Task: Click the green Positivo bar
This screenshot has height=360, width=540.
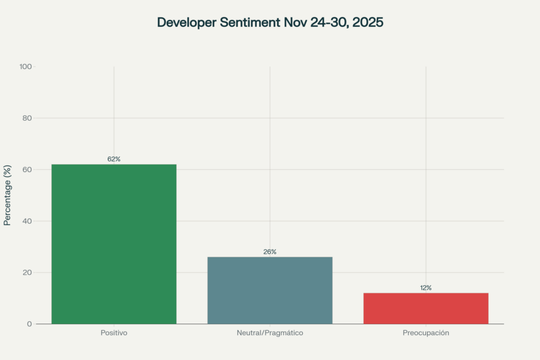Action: [114, 244]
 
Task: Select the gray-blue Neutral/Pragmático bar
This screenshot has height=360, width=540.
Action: [270, 290]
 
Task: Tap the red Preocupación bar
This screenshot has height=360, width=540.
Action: [426, 308]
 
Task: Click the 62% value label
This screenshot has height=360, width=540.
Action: [114, 159]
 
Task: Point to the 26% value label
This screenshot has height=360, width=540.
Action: [270, 251]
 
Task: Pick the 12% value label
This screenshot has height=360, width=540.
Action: [426, 288]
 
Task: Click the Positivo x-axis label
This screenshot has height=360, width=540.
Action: [114, 333]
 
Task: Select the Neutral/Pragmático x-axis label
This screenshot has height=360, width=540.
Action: [270, 333]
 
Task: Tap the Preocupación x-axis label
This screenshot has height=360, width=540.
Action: [426, 333]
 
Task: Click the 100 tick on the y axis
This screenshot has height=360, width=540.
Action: [26, 66]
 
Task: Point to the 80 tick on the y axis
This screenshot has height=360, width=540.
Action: [27, 118]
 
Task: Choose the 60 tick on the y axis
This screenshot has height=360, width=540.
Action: [27, 169]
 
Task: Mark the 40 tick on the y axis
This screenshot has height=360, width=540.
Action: [27, 221]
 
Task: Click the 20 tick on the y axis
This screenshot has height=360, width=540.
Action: [27, 273]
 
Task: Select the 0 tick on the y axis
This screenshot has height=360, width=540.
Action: [30, 324]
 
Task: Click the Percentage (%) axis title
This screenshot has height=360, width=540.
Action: [7, 195]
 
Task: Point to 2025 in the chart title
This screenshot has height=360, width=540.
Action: [368, 23]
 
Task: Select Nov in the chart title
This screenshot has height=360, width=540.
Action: [291, 23]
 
